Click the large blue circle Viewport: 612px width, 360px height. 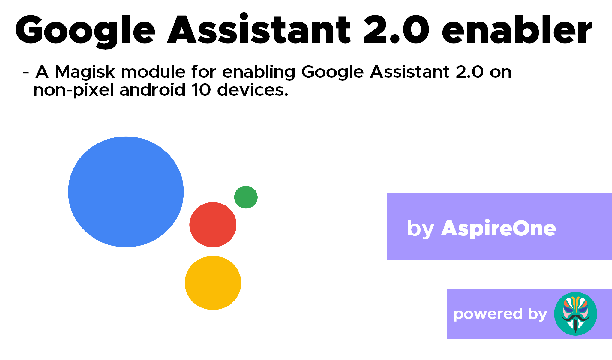(126, 192)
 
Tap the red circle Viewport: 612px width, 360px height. (213, 225)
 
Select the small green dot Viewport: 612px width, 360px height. (246, 197)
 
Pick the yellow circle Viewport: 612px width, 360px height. (213, 283)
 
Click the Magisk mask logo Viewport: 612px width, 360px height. (576, 314)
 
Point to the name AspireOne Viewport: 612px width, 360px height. (499, 229)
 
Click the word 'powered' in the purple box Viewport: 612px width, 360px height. (488, 314)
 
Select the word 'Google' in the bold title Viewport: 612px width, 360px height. (85, 31)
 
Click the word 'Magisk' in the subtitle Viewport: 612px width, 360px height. (85, 72)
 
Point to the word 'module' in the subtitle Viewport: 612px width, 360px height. (154, 72)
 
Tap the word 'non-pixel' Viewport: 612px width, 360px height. (73, 90)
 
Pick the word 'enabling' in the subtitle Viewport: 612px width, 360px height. (259, 72)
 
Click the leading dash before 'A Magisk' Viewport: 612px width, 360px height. (26, 73)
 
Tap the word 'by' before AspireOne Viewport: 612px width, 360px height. (421, 229)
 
